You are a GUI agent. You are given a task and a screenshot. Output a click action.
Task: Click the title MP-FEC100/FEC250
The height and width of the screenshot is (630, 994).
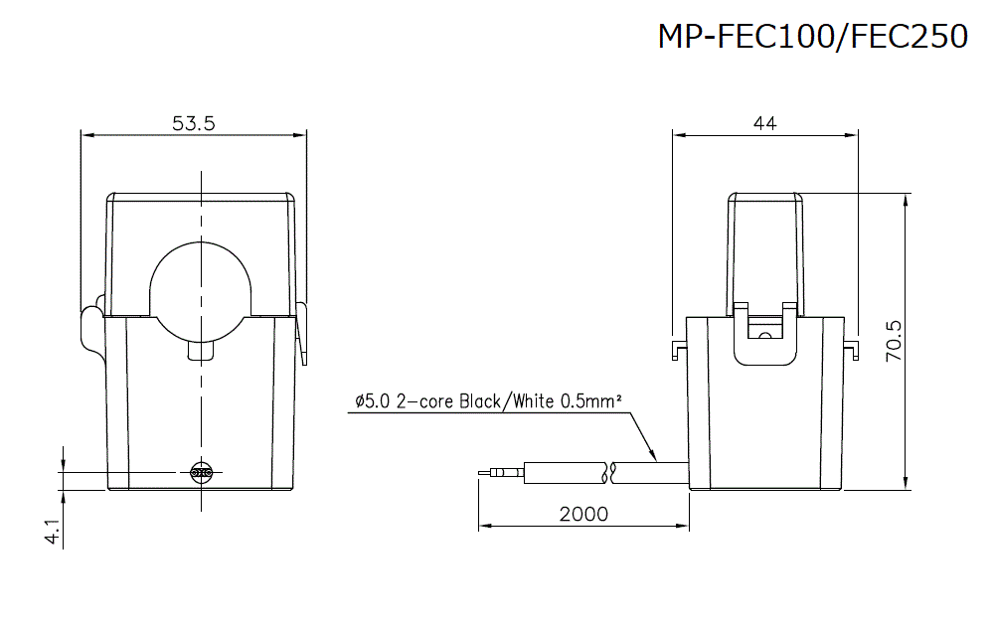(812, 37)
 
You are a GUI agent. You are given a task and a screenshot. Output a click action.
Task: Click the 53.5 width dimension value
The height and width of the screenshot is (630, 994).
(194, 123)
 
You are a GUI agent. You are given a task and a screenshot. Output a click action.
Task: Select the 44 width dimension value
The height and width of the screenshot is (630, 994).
(764, 123)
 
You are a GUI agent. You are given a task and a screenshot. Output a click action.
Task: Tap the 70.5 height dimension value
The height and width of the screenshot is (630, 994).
(893, 341)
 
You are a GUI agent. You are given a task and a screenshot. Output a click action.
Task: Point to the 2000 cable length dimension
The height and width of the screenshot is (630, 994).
(583, 514)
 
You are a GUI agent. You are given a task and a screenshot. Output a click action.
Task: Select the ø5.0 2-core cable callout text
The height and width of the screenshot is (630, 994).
(488, 401)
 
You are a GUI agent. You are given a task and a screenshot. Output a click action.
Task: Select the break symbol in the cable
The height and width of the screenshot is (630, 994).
(610, 473)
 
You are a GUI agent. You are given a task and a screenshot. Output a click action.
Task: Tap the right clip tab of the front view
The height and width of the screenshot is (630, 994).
(303, 333)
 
